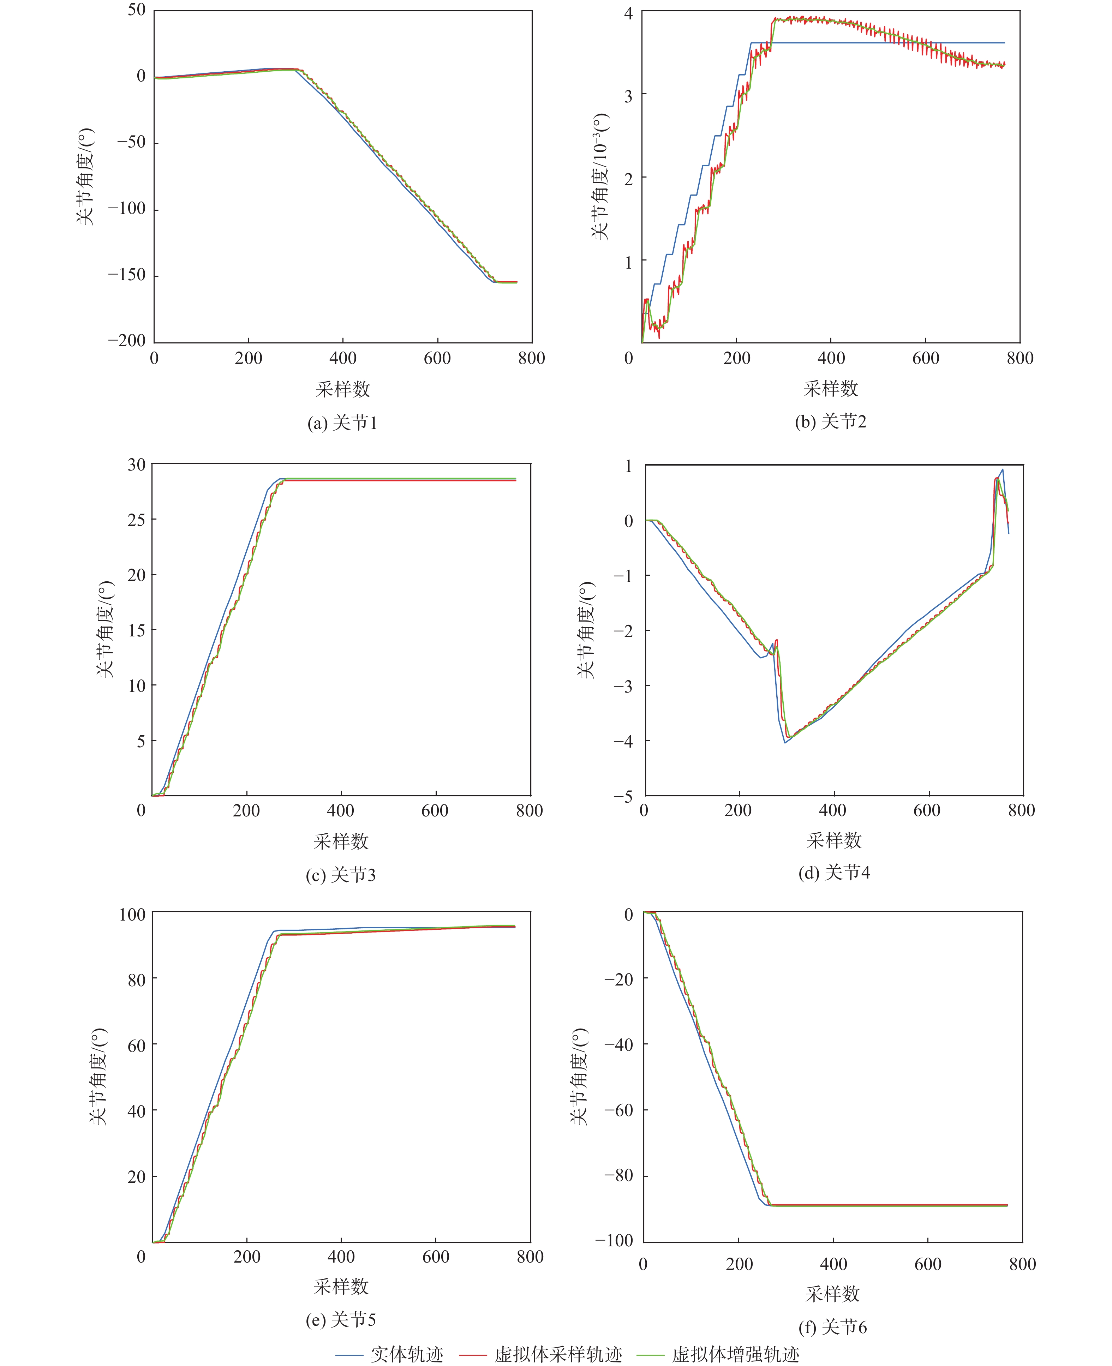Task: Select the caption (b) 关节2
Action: (x=830, y=421)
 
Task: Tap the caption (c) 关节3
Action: (x=340, y=875)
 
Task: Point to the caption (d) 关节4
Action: (x=833, y=872)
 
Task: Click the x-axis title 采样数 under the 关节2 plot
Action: (x=831, y=388)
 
